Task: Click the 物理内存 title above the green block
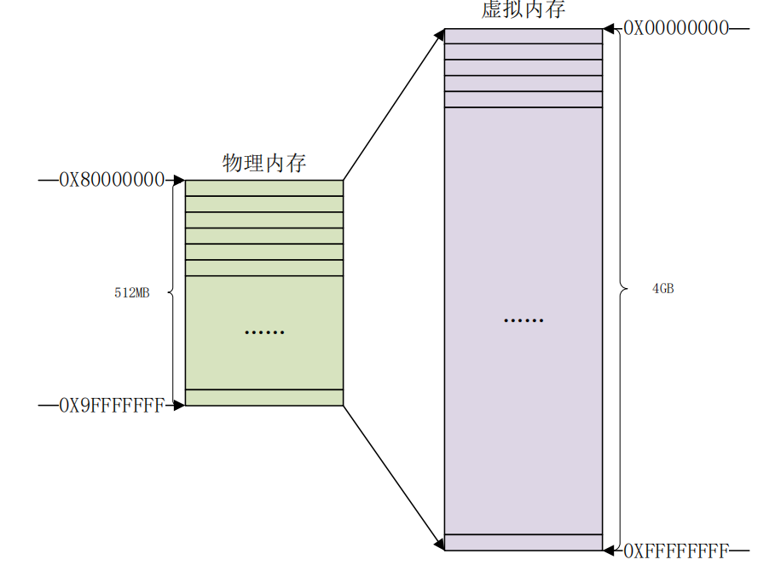click(263, 163)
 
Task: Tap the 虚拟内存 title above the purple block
click(523, 9)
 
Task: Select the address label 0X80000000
click(111, 180)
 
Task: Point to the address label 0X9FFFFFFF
click(111, 406)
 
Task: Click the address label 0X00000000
click(676, 28)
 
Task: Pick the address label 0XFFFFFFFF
click(676, 551)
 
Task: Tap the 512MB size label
click(132, 293)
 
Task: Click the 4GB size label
click(662, 289)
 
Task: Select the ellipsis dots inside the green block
click(264, 332)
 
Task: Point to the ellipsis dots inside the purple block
click(523, 321)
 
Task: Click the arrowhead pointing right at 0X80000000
click(179, 180)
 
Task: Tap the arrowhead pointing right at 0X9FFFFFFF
click(179, 406)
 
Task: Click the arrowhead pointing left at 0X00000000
click(609, 28)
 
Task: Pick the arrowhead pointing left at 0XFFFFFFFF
click(609, 551)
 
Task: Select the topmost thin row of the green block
click(264, 188)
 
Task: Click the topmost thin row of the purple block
click(523, 36)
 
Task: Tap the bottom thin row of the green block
click(264, 397)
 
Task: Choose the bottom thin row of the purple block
click(523, 542)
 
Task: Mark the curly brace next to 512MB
click(172, 292)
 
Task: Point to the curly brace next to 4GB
click(621, 289)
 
